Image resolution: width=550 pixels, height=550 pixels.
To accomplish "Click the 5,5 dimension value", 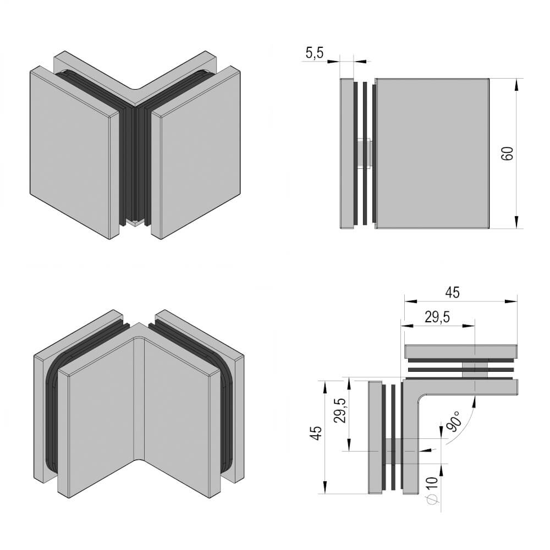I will pyautogui.click(x=315, y=53).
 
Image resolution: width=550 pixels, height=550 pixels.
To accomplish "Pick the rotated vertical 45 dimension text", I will pyautogui.click(x=315, y=434).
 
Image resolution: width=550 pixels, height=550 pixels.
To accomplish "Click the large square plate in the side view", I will pyautogui.click(x=432, y=152).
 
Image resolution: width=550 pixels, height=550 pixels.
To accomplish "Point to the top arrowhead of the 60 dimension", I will pyautogui.click(x=516, y=82).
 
